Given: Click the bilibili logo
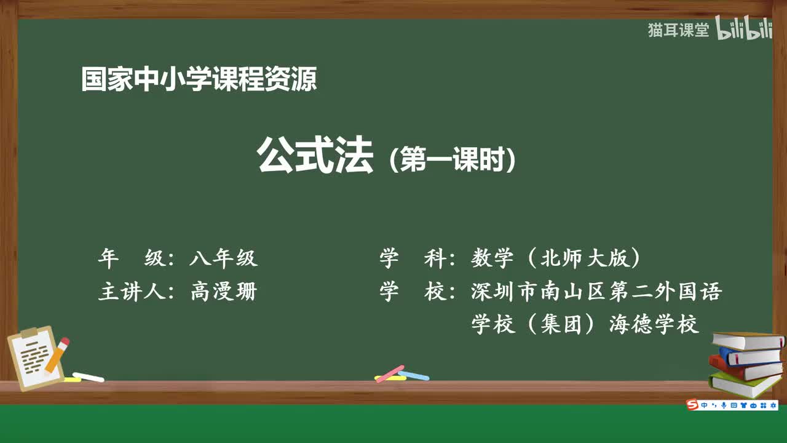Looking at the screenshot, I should point(744,30).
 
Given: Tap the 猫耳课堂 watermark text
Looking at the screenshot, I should point(678,30).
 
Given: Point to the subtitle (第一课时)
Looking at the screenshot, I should point(453,159).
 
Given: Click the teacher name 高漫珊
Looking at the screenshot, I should point(223,291).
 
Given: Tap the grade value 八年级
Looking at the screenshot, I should point(223,258).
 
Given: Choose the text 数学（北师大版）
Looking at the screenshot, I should point(556,258).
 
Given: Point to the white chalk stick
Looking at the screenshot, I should point(87,377).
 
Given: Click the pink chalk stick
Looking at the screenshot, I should point(389,373).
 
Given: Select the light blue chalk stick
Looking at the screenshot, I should point(413,375).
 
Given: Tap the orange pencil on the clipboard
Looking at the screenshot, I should point(57,355).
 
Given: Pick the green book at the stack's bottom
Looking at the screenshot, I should point(744,384).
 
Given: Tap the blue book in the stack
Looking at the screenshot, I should point(750,356).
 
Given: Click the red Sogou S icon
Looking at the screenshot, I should point(693,405).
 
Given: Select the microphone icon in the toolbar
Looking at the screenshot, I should point(723,405).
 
